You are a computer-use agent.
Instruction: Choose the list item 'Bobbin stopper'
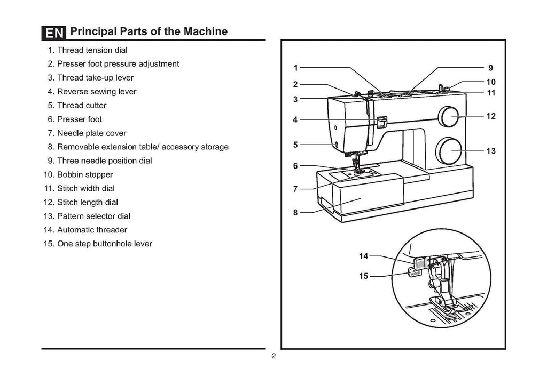(84, 175)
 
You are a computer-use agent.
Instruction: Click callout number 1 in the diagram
(295, 68)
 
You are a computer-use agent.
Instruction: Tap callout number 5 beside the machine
(295, 145)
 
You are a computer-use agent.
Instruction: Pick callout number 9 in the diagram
(491, 68)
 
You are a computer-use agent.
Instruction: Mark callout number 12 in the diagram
(491, 116)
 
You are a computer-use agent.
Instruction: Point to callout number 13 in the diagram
(491, 151)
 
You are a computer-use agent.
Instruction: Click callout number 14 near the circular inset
(364, 256)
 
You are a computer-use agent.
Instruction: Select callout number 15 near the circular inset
(364, 276)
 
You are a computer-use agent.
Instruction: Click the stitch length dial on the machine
(448, 116)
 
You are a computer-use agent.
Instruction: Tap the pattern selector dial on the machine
(448, 151)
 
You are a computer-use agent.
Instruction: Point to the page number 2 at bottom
(273, 357)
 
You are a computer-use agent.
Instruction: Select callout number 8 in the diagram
(295, 213)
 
